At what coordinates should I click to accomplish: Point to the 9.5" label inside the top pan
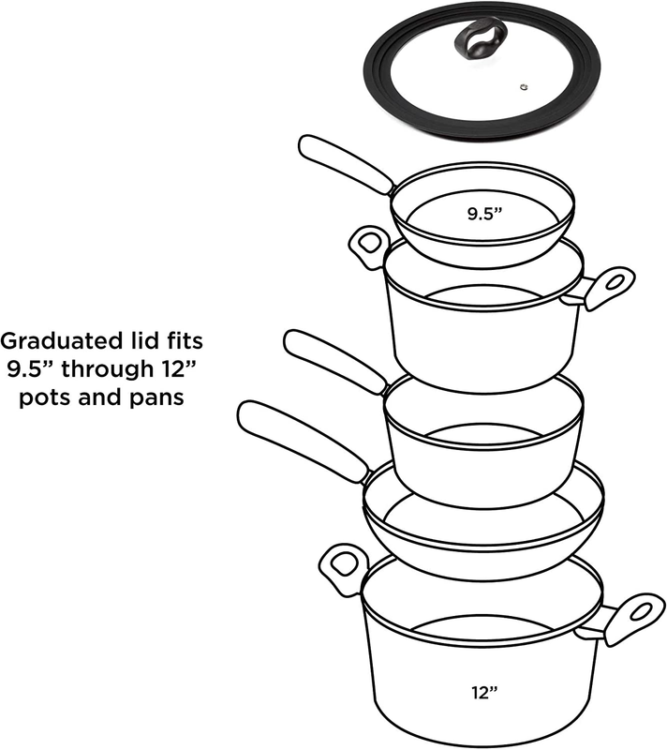click(x=485, y=214)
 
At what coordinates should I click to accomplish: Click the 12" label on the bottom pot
click(x=484, y=692)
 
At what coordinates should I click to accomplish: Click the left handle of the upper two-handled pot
click(x=369, y=246)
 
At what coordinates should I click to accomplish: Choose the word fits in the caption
click(x=183, y=341)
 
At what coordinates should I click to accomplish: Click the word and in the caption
click(x=100, y=397)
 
